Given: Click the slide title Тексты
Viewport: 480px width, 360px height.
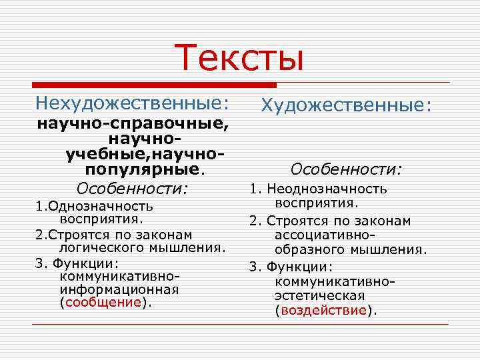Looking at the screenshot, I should pos(240,57).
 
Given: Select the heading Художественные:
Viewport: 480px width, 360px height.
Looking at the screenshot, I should pos(347,105).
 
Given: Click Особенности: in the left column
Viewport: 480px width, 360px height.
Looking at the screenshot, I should pos(133,187).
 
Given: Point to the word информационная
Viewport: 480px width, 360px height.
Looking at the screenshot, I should pos(119,289).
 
